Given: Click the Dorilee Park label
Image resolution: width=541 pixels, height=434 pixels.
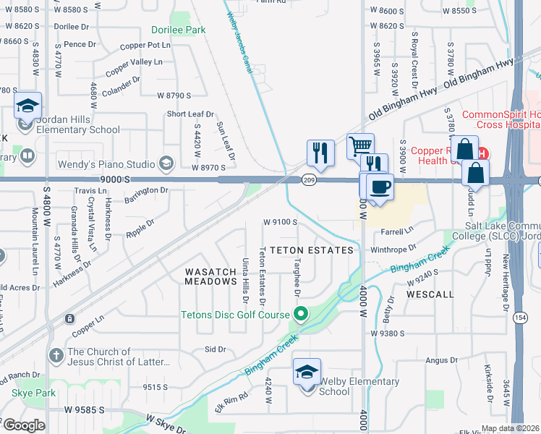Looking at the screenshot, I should coord(178,30).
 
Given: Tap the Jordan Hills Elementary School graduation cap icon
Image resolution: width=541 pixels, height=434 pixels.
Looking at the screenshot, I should coord(27,106).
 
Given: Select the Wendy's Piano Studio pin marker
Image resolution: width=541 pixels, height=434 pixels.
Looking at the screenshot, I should coord(168,162).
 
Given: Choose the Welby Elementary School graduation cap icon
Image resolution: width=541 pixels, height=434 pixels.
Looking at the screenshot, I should coord(307,373).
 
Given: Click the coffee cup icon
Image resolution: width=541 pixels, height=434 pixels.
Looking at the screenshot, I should coord(380,187).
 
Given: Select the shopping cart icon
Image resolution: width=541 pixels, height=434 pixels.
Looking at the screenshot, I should coord(359,147).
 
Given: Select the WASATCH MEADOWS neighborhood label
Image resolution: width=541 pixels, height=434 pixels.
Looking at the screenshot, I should coord(210,276).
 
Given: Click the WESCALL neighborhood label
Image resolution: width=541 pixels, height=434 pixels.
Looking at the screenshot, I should coord(430,295).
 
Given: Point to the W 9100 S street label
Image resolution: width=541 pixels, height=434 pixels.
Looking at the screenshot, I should coord(281,222).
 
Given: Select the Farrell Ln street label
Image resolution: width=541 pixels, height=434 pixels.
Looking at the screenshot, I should coord(397,231).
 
